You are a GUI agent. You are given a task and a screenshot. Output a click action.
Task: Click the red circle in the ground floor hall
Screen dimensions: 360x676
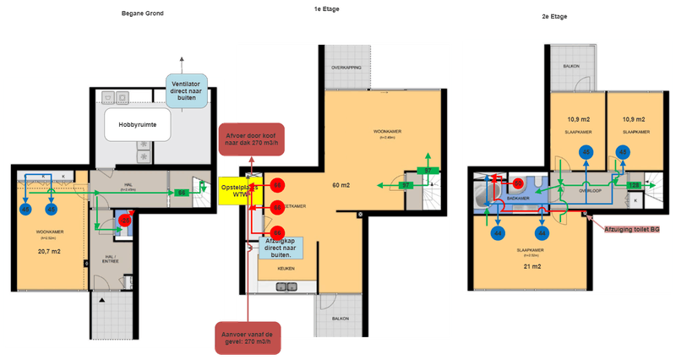[126, 221]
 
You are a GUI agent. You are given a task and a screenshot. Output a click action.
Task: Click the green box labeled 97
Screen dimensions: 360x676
[405, 184]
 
